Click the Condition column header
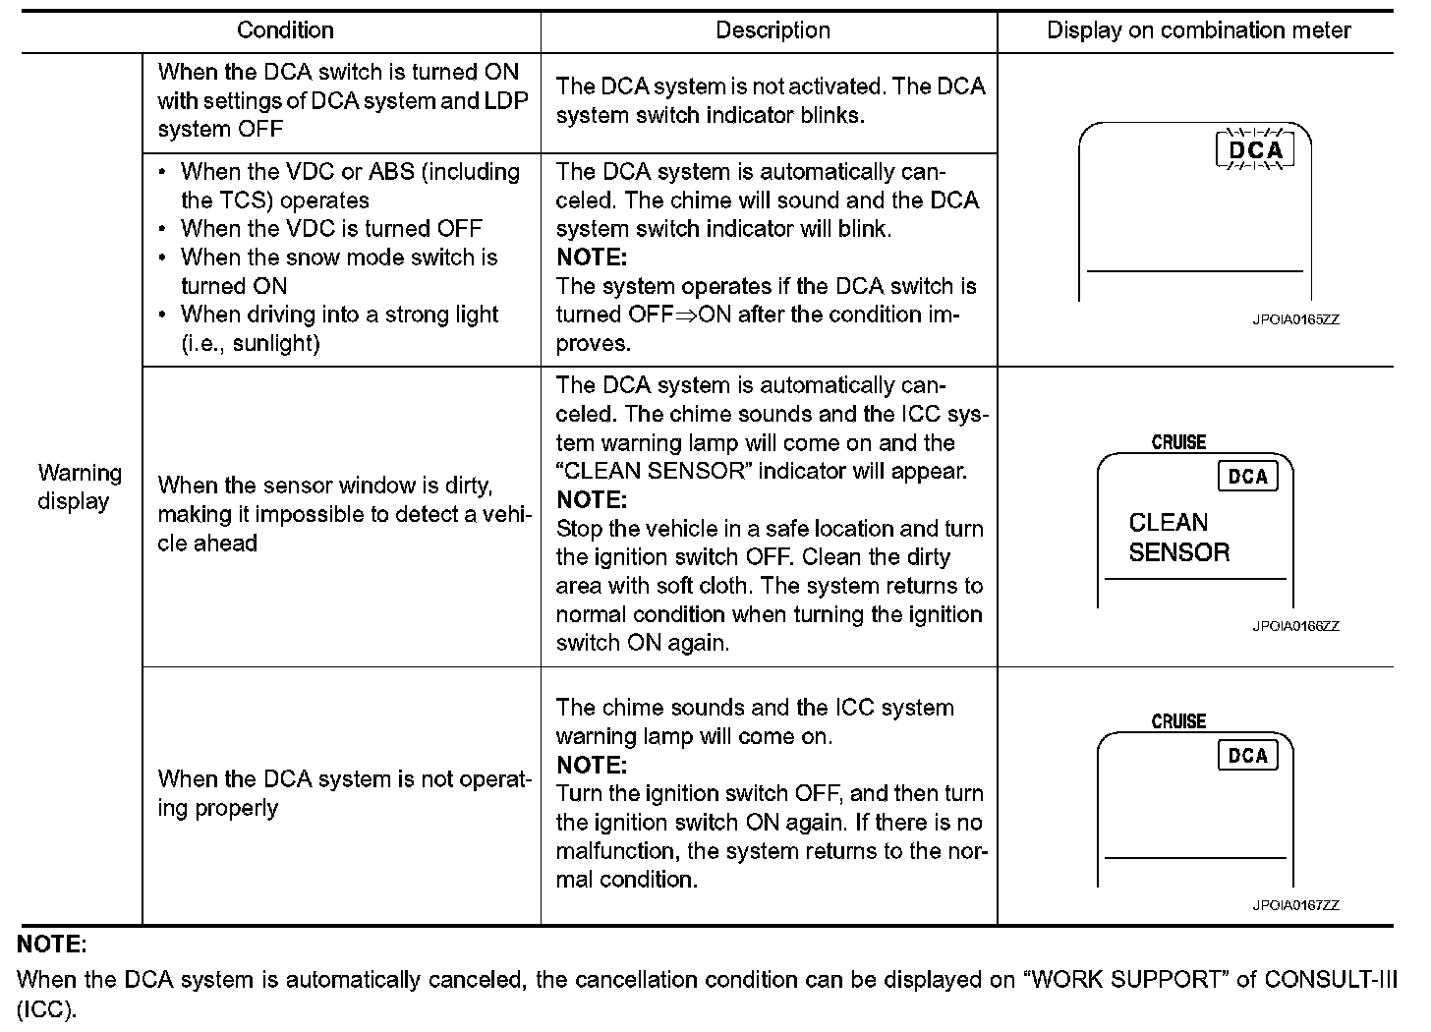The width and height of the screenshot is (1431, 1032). tap(285, 30)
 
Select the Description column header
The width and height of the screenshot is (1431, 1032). tap(773, 30)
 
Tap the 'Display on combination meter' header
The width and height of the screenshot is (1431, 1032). tap(1198, 30)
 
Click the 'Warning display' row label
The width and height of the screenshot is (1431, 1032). tap(80, 487)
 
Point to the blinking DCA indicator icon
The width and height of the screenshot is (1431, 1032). tap(1256, 150)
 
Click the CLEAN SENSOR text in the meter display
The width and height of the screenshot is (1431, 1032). tap(1178, 538)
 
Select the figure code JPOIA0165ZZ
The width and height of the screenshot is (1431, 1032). tap(1295, 320)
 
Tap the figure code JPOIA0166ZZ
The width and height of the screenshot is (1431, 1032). tap(1295, 626)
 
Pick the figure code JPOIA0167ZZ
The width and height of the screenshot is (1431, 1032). tap(1295, 905)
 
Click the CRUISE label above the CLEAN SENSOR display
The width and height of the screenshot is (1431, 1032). tap(1178, 442)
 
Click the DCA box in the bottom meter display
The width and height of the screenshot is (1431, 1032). tap(1248, 756)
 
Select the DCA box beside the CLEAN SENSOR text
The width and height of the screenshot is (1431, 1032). tap(1248, 477)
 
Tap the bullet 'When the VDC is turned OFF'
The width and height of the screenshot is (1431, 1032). tap(331, 229)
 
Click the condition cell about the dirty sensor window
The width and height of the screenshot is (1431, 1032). tap(344, 514)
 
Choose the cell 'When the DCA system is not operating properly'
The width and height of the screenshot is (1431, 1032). tap(344, 793)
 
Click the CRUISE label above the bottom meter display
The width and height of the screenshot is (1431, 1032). tap(1178, 721)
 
